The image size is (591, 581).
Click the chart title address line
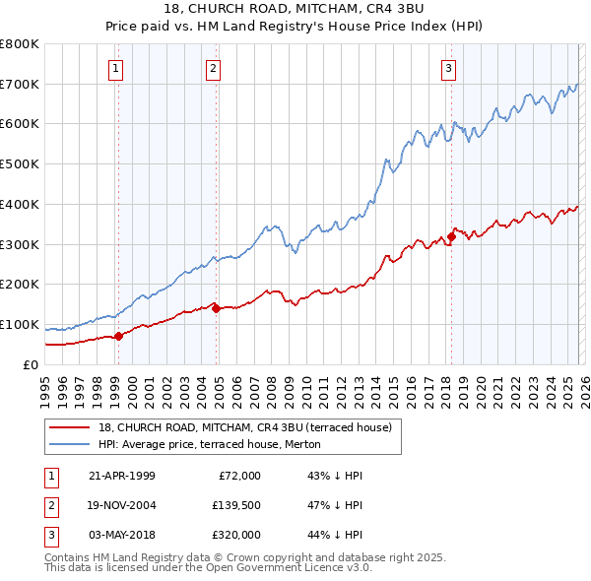295,10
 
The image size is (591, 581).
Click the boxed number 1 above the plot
116,68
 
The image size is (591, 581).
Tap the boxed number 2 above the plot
213,68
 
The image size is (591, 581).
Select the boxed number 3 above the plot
448,68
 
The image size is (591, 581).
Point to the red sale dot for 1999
118,336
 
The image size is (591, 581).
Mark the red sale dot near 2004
216,308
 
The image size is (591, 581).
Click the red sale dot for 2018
451,236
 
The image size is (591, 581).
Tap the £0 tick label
30,364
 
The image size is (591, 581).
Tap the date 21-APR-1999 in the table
122,475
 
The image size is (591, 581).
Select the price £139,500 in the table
234,505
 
